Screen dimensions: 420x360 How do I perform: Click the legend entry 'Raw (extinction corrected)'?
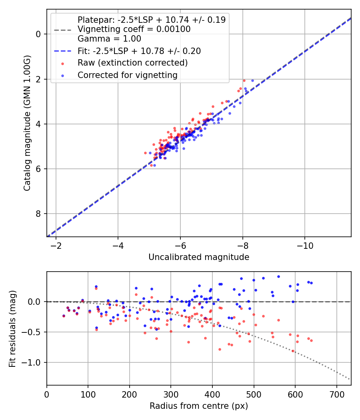[x=132, y=63]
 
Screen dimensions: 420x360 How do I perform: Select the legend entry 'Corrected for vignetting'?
[x=127, y=75]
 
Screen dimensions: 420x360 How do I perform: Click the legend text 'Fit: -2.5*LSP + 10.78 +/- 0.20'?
[x=139, y=51]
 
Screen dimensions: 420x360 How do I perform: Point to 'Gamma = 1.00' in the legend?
[x=109, y=39]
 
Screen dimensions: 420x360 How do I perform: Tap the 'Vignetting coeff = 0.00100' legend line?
[x=134, y=29]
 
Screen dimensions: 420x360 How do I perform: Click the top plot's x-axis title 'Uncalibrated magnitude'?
[x=199, y=257]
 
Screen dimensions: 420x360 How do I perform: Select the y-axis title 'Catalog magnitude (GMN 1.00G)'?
[x=27, y=124]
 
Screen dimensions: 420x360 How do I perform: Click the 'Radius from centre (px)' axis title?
[x=199, y=406]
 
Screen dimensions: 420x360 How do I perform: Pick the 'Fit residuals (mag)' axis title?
[x=12, y=328]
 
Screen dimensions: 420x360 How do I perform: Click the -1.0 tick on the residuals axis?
[x=33, y=362]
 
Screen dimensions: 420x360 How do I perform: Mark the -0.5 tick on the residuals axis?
[x=33, y=332]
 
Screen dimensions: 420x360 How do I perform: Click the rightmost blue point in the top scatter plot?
[x=252, y=80]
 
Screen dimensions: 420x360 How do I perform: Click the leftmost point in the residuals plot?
[x=64, y=316]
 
